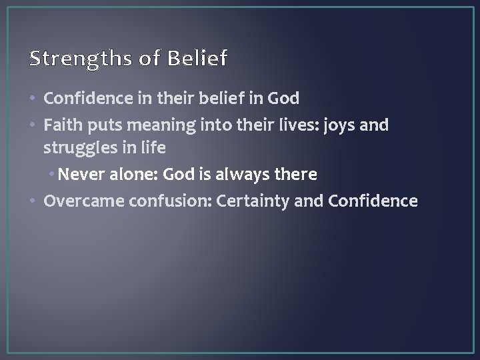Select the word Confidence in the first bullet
tap(81, 99)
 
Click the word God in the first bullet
tap(283, 99)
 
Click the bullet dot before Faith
tap(34, 125)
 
